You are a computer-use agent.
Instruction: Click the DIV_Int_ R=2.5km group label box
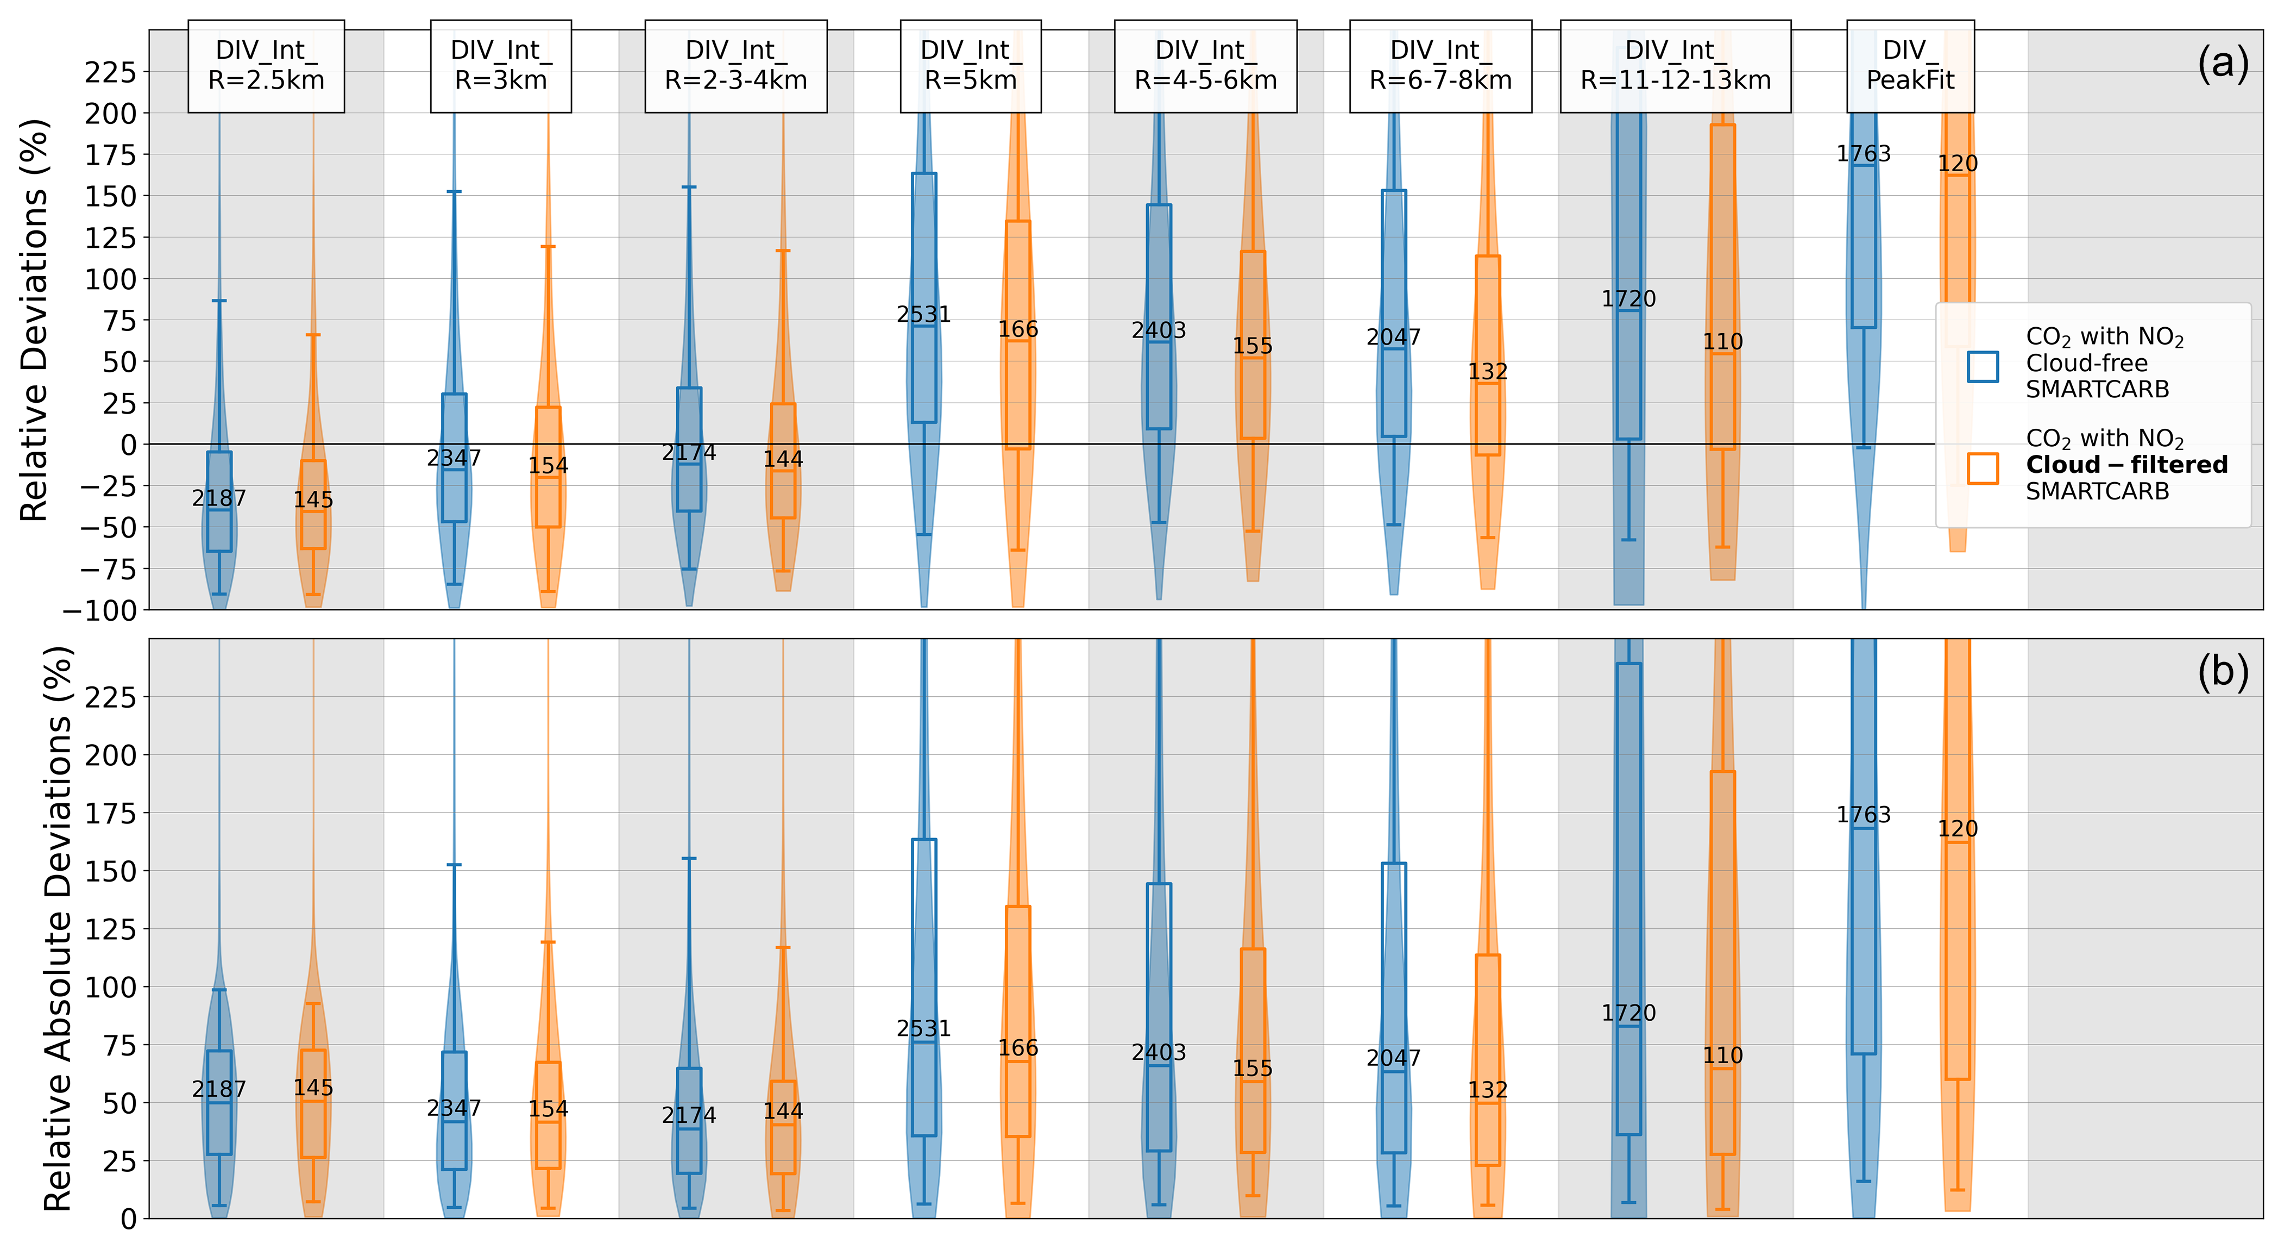pos(266,66)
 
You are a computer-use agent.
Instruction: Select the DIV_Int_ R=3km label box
pos(501,66)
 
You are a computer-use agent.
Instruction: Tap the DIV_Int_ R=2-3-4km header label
pos(736,66)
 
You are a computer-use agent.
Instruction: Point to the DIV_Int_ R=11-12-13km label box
pos(1675,66)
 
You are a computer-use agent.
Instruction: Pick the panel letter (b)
pos(2222,672)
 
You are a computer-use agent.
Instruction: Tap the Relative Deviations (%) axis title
pos(34,320)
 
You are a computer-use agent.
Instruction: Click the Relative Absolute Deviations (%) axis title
pos(58,928)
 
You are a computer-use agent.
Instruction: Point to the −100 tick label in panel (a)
pos(99,610)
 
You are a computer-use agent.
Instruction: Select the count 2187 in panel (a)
pos(219,498)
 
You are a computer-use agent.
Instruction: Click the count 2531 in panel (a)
pos(924,315)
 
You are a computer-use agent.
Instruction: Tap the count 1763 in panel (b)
pos(1863,814)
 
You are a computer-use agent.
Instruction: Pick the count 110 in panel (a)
pos(1723,341)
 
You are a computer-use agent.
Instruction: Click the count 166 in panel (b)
pos(1018,1048)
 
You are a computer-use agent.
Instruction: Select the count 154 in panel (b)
pos(548,1109)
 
